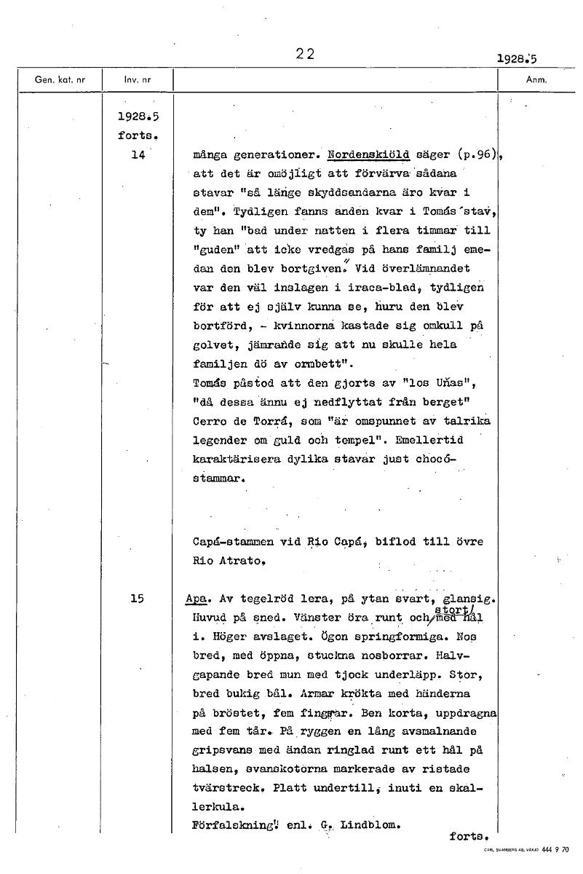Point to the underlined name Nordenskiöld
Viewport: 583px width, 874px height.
(x=368, y=155)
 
